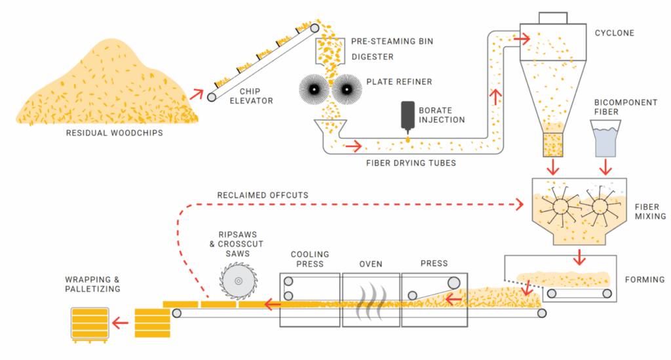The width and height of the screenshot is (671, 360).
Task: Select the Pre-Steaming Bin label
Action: click(391, 41)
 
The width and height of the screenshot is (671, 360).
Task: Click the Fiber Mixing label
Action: click(650, 211)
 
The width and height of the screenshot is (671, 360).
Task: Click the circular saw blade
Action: click(237, 281)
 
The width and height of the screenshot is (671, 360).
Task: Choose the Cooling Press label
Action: click(309, 259)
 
